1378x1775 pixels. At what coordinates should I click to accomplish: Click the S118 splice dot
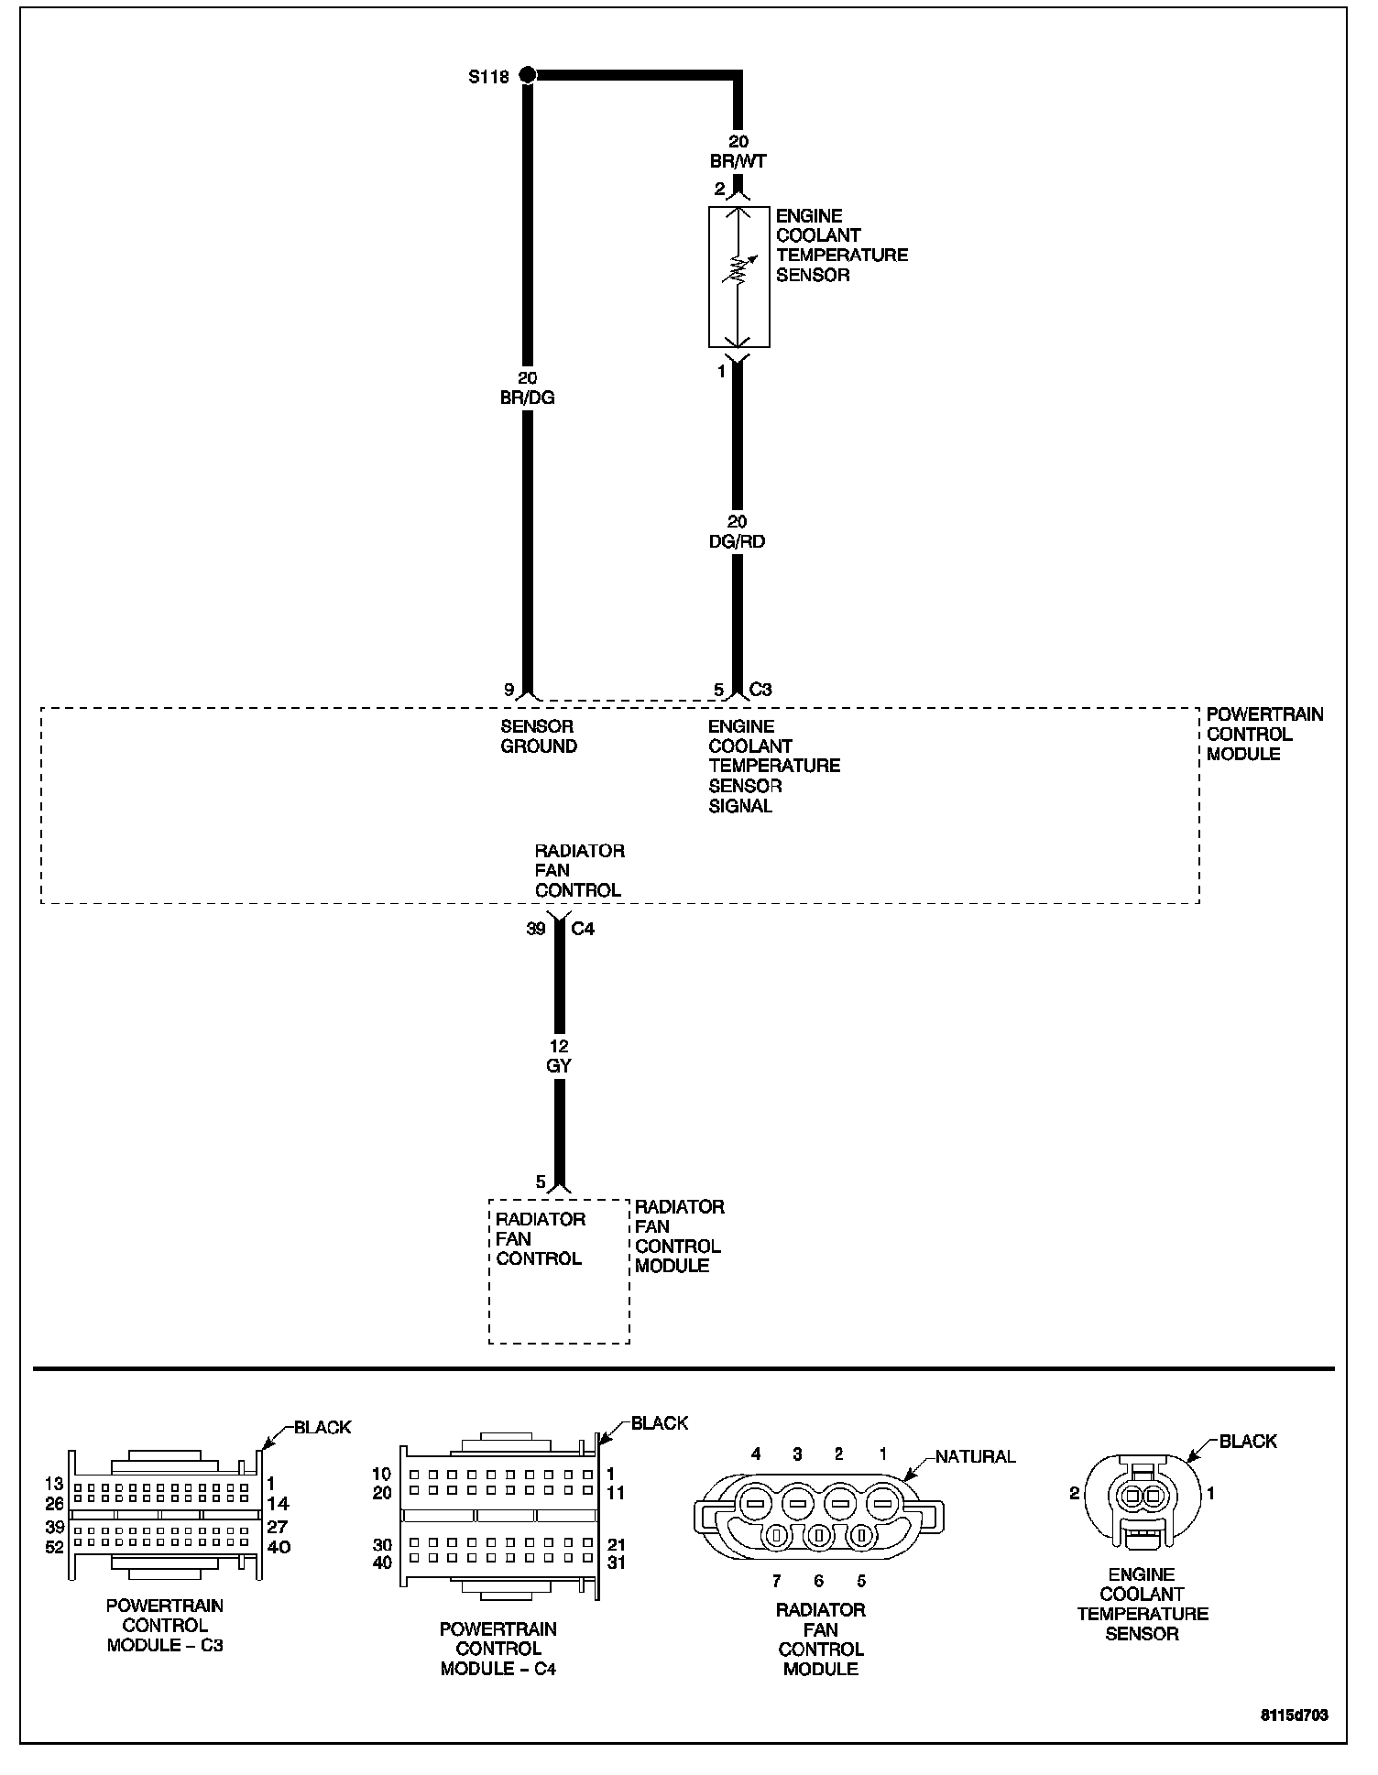[x=527, y=75]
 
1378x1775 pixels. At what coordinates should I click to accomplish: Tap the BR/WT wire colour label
[x=738, y=161]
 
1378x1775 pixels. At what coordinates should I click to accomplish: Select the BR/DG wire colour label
[x=529, y=398]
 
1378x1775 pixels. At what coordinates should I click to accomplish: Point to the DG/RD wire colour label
[x=737, y=541]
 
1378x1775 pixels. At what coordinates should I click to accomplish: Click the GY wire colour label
[x=558, y=1066]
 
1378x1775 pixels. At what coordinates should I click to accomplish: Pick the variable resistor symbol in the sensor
[x=738, y=271]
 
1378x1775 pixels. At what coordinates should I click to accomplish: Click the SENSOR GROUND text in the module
[x=538, y=736]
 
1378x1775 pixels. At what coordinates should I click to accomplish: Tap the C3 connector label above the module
[x=760, y=690]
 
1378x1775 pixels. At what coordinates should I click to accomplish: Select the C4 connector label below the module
[x=583, y=929]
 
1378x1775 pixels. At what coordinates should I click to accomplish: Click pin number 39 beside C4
[x=536, y=929]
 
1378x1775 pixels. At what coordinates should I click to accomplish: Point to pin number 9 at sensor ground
[x=509, y=690]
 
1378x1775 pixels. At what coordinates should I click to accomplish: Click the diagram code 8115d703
[x=1294, y=1715]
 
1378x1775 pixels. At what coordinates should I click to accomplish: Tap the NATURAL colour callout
[x=976, y=1456]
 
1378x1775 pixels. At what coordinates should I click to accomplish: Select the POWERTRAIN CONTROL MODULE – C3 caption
[x=165, y=1625]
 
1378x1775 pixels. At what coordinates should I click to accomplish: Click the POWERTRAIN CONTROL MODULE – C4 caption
[x=498, y=1649]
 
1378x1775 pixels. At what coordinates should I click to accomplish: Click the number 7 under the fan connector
[x=775, y=1581]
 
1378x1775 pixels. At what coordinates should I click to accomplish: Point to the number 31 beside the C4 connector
[x=616, y=1563]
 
